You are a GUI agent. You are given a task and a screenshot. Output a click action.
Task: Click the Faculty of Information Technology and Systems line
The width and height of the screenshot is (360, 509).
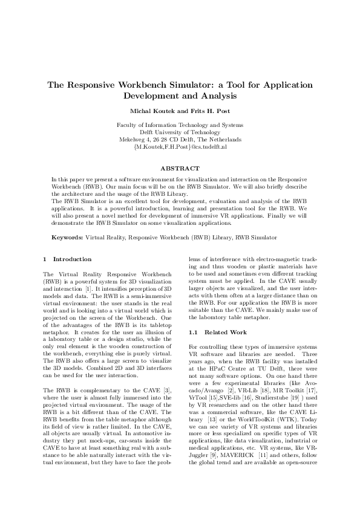(x=180, y=125)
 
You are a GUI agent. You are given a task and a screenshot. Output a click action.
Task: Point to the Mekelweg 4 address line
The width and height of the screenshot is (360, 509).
(x=180, y=139)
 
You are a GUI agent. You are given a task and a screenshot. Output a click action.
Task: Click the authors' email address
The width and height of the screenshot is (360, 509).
(x=180, y=146)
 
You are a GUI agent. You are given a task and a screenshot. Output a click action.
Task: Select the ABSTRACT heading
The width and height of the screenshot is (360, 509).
(x=180, y=167)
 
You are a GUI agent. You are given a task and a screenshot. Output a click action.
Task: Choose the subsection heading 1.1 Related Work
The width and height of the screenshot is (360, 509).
(x=209, y=332)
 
